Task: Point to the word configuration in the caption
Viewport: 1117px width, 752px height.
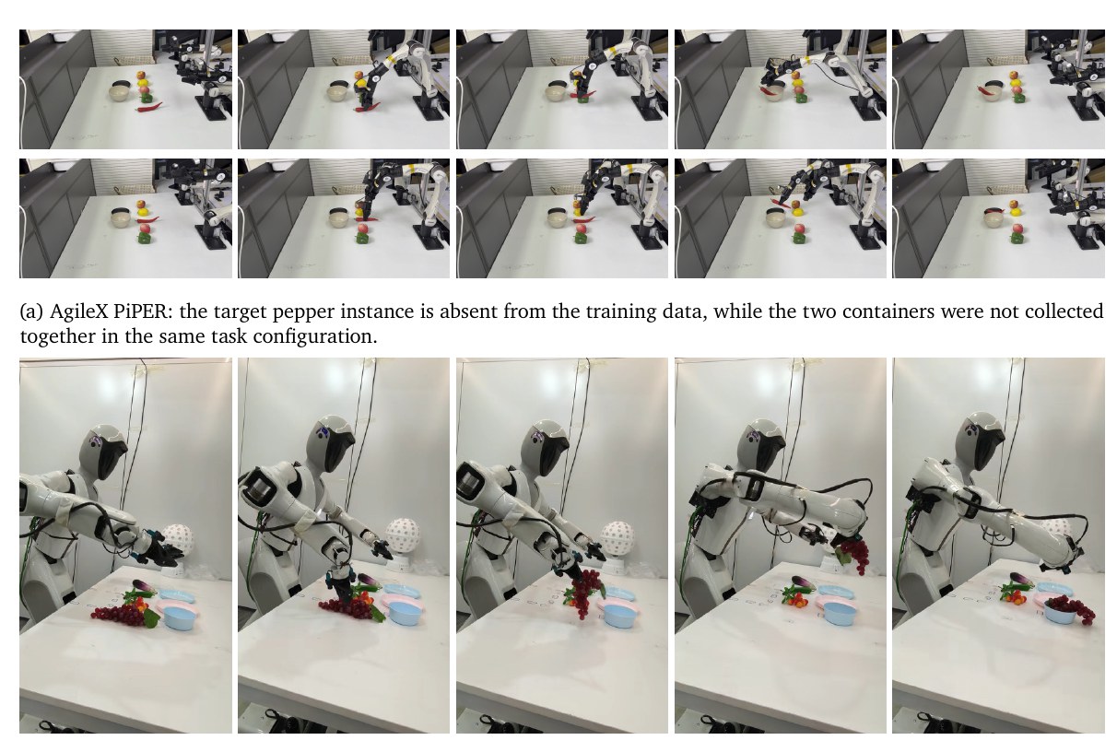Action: [x=315, y=336]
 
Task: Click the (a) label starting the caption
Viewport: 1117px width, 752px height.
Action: [x=31, y=312]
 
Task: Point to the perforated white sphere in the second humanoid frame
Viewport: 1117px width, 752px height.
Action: [x=403, y=535]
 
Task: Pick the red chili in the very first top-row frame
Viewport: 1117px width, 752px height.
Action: [x=149, y=107]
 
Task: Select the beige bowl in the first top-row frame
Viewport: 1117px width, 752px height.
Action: [x=121, y=93]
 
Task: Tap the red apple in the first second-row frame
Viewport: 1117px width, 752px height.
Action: [x=142, y=204]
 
